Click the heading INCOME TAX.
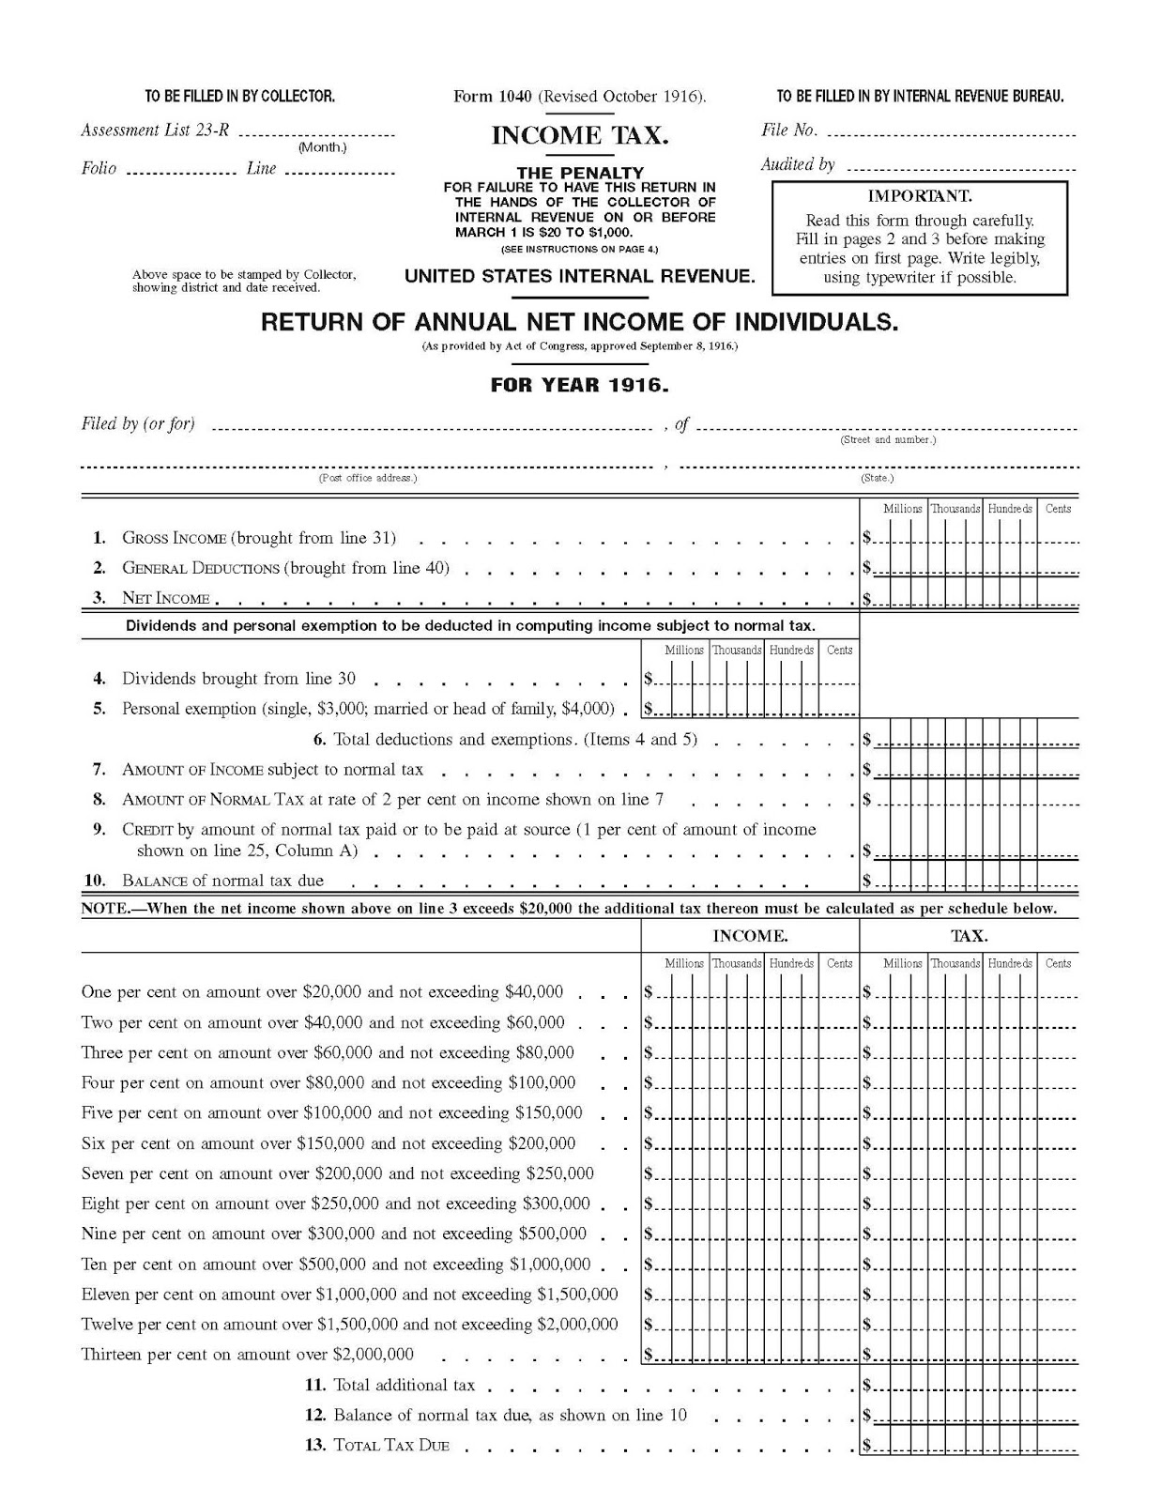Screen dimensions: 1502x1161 [579, 136]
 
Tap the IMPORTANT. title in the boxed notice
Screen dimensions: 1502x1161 [919, 196]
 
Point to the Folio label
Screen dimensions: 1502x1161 [99, 169]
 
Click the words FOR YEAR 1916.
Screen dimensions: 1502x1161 [579, 385]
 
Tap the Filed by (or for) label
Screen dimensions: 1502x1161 [138, 423]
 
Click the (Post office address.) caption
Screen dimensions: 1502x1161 [367, 478]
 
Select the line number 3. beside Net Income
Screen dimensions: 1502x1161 [99, 598]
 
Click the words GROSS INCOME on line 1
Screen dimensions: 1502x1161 [174, 538]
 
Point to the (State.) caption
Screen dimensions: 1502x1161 [877, 478]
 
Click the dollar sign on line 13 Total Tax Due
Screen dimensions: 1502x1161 [867, 1446]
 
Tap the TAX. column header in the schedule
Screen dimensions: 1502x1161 [969, 936]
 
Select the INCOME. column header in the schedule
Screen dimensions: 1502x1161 [750, 936]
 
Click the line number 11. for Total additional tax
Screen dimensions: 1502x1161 [314, 1385]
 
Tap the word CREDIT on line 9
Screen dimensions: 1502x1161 [147, 830]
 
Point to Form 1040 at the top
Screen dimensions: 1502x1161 [493, 96]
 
